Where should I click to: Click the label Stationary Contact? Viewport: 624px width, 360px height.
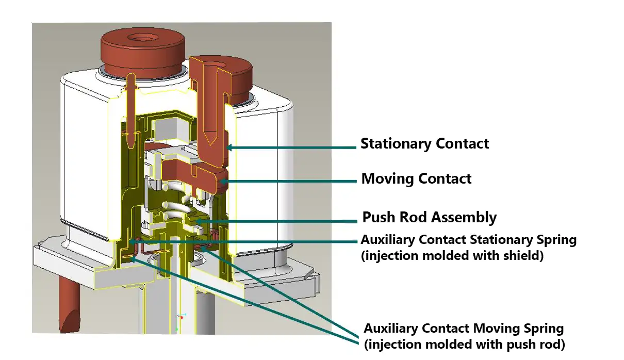(424, 143)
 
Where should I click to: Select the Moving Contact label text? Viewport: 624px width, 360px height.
(416, 179)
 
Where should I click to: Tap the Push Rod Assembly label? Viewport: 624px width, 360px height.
(429, 217)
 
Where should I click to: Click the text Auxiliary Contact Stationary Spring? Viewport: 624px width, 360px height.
(468, 240)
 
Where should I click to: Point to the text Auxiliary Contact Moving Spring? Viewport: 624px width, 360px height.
(464, 329)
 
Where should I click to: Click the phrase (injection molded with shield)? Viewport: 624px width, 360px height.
(452, 255)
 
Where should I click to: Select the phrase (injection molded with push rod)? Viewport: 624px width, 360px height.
(464, 344)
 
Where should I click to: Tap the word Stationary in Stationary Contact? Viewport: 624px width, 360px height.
(397, 143)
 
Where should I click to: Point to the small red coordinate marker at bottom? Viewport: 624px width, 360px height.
(182, 318)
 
